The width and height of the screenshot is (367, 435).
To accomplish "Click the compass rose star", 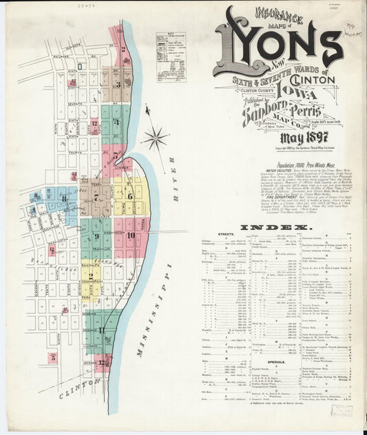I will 156,137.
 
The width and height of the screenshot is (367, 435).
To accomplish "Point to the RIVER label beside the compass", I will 176,189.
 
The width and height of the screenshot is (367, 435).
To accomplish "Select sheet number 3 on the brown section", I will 118,85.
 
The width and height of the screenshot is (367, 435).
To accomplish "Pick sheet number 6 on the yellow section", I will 129,195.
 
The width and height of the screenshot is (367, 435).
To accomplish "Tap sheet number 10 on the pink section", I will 130,235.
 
